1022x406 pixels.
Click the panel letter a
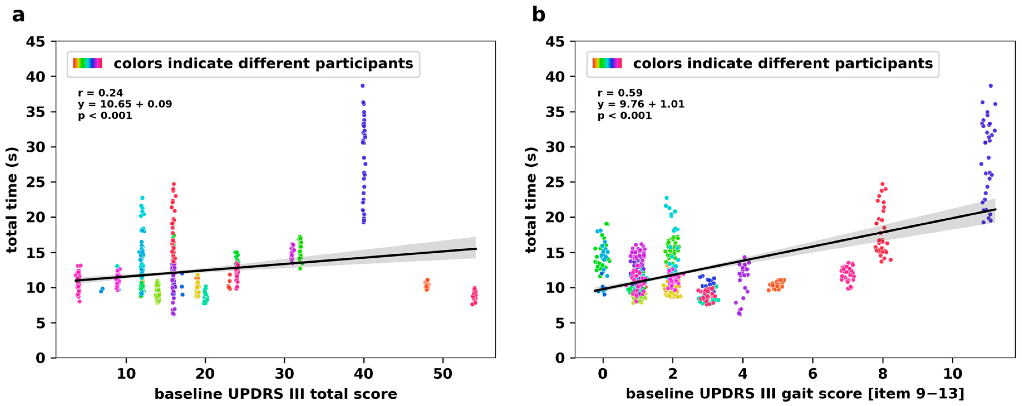point(18,16)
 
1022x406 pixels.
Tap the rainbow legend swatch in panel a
point(88,63)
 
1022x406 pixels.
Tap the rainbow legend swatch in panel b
point(607,63)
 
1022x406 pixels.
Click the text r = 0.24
point(100,93)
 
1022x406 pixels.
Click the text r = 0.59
point(620,93)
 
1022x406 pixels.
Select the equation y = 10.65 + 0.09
point(125,104)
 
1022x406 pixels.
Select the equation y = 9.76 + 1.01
point(641,104)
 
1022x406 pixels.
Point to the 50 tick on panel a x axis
point(442,373)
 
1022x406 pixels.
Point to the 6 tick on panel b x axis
point(812,373)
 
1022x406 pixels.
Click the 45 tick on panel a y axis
point(35,42)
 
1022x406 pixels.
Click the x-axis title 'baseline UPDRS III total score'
point(276,394)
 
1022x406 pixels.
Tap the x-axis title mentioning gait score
point(795,394)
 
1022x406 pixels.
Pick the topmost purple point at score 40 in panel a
point(362,86)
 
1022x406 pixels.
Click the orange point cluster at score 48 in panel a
point(427,285)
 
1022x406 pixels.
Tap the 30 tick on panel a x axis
point(284,373)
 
